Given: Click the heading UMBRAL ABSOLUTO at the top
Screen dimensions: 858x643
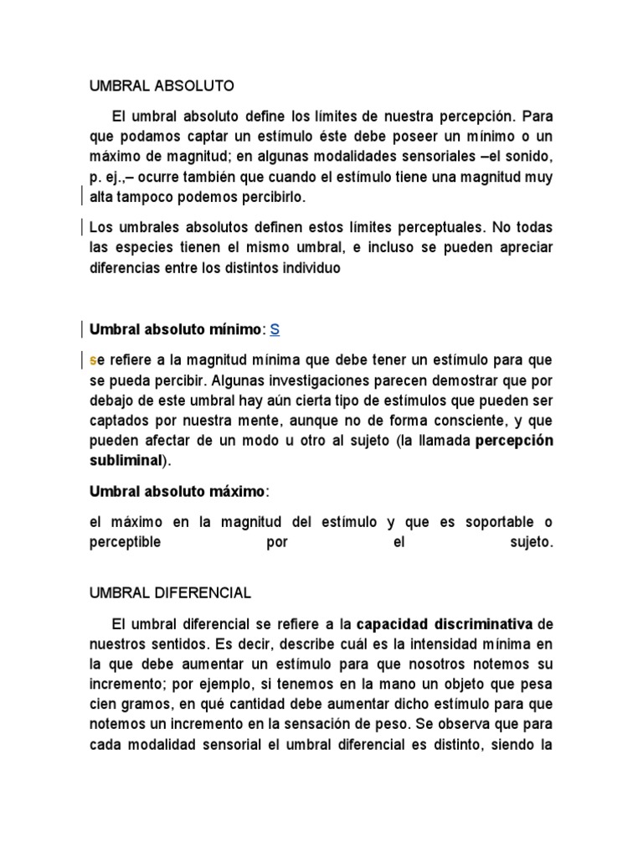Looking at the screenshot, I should point(162,85).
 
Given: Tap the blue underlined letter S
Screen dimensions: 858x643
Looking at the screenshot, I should point(275,329).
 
